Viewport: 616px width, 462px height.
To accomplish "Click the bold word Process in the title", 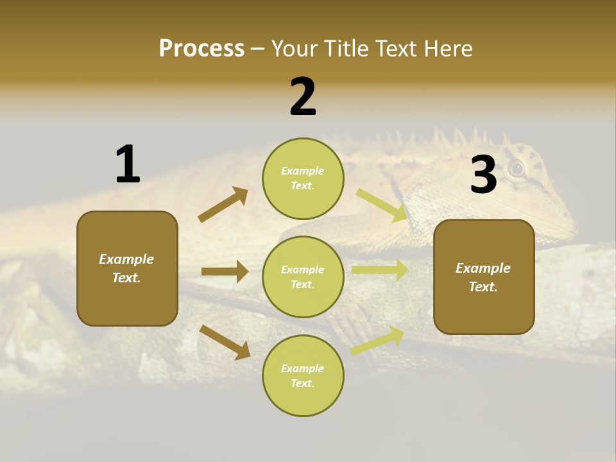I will [x=201, y=49].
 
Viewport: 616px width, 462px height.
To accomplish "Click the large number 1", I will [x=128, y=165].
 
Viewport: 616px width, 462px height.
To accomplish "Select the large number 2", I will [x=303, y=97].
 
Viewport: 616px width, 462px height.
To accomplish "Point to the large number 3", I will [x=483, y=175].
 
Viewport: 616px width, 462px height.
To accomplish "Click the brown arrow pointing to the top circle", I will [x=223, y=205].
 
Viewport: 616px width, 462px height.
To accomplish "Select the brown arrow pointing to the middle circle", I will [x=225, y=271].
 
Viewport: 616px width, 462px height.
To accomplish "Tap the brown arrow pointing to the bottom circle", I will [x=225, y=341].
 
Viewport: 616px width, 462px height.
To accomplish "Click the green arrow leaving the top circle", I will [x=382, y=205].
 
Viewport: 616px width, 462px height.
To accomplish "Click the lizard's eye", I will [x=517, y=168].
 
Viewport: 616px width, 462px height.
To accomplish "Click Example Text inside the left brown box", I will [x=127, y=268].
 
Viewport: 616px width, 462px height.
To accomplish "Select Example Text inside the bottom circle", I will [x=303, y=376].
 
